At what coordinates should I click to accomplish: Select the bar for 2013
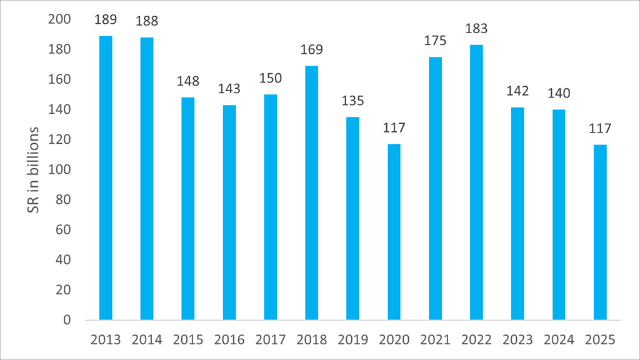coord(106,178)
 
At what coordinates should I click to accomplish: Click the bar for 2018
coord(312,193)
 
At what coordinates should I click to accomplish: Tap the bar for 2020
coord(394,232)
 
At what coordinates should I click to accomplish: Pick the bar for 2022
coord(476,182)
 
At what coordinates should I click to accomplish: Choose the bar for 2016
coord(229,212)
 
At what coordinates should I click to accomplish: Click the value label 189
coord(106,20)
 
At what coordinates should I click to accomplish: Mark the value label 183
coord(476,29)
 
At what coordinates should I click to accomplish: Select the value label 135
coord(353,101)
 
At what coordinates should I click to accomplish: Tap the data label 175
coord(435,41)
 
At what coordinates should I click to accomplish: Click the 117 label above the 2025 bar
coord(600,129)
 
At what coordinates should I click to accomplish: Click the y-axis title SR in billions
coord(35,170)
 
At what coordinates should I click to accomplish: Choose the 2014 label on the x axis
coord(147,340)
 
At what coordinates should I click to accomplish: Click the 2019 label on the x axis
coord(353,340)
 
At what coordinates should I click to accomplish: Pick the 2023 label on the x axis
coord(517,340)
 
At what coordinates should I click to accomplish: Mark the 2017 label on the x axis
coord(271,340)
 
